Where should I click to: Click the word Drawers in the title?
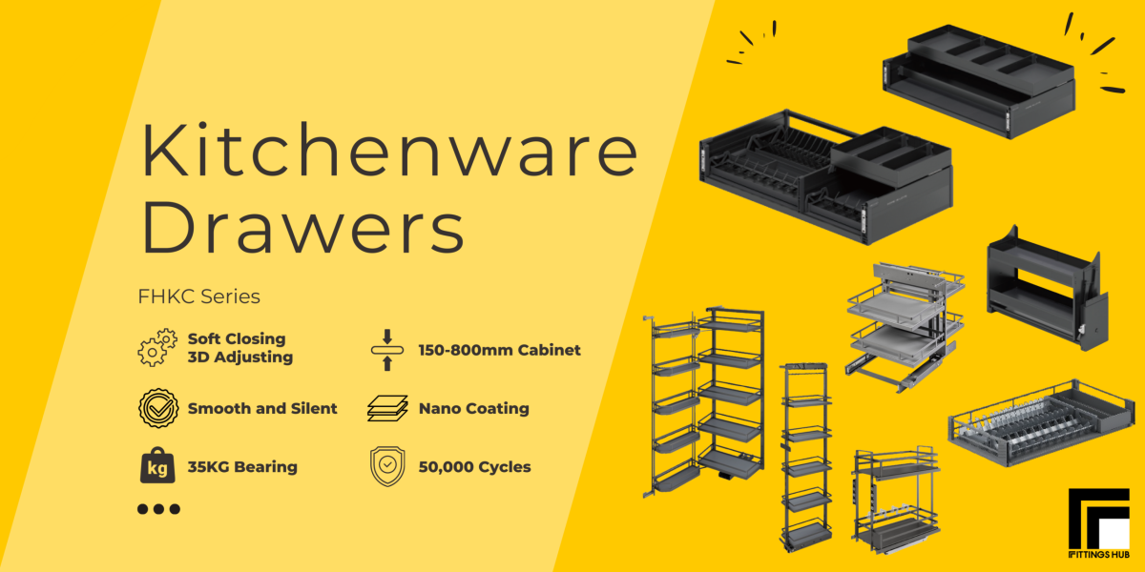coord(303,228)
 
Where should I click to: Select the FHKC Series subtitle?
coord(198,296)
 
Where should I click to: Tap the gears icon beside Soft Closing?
coord(157,348)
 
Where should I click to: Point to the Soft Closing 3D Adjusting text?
coord(239,348)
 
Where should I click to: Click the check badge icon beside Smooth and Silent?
coord(157,408)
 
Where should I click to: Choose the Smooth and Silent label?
coord(262,408)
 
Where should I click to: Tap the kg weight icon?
coord(157,466)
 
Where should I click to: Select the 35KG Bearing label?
coord(242,467)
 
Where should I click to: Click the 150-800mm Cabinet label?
coord(499,350)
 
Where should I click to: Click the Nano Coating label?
coord(473,408)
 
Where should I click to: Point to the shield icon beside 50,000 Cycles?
coord(386,467)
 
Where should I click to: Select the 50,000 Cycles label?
coord(474,467)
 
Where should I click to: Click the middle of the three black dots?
coord(157,509)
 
